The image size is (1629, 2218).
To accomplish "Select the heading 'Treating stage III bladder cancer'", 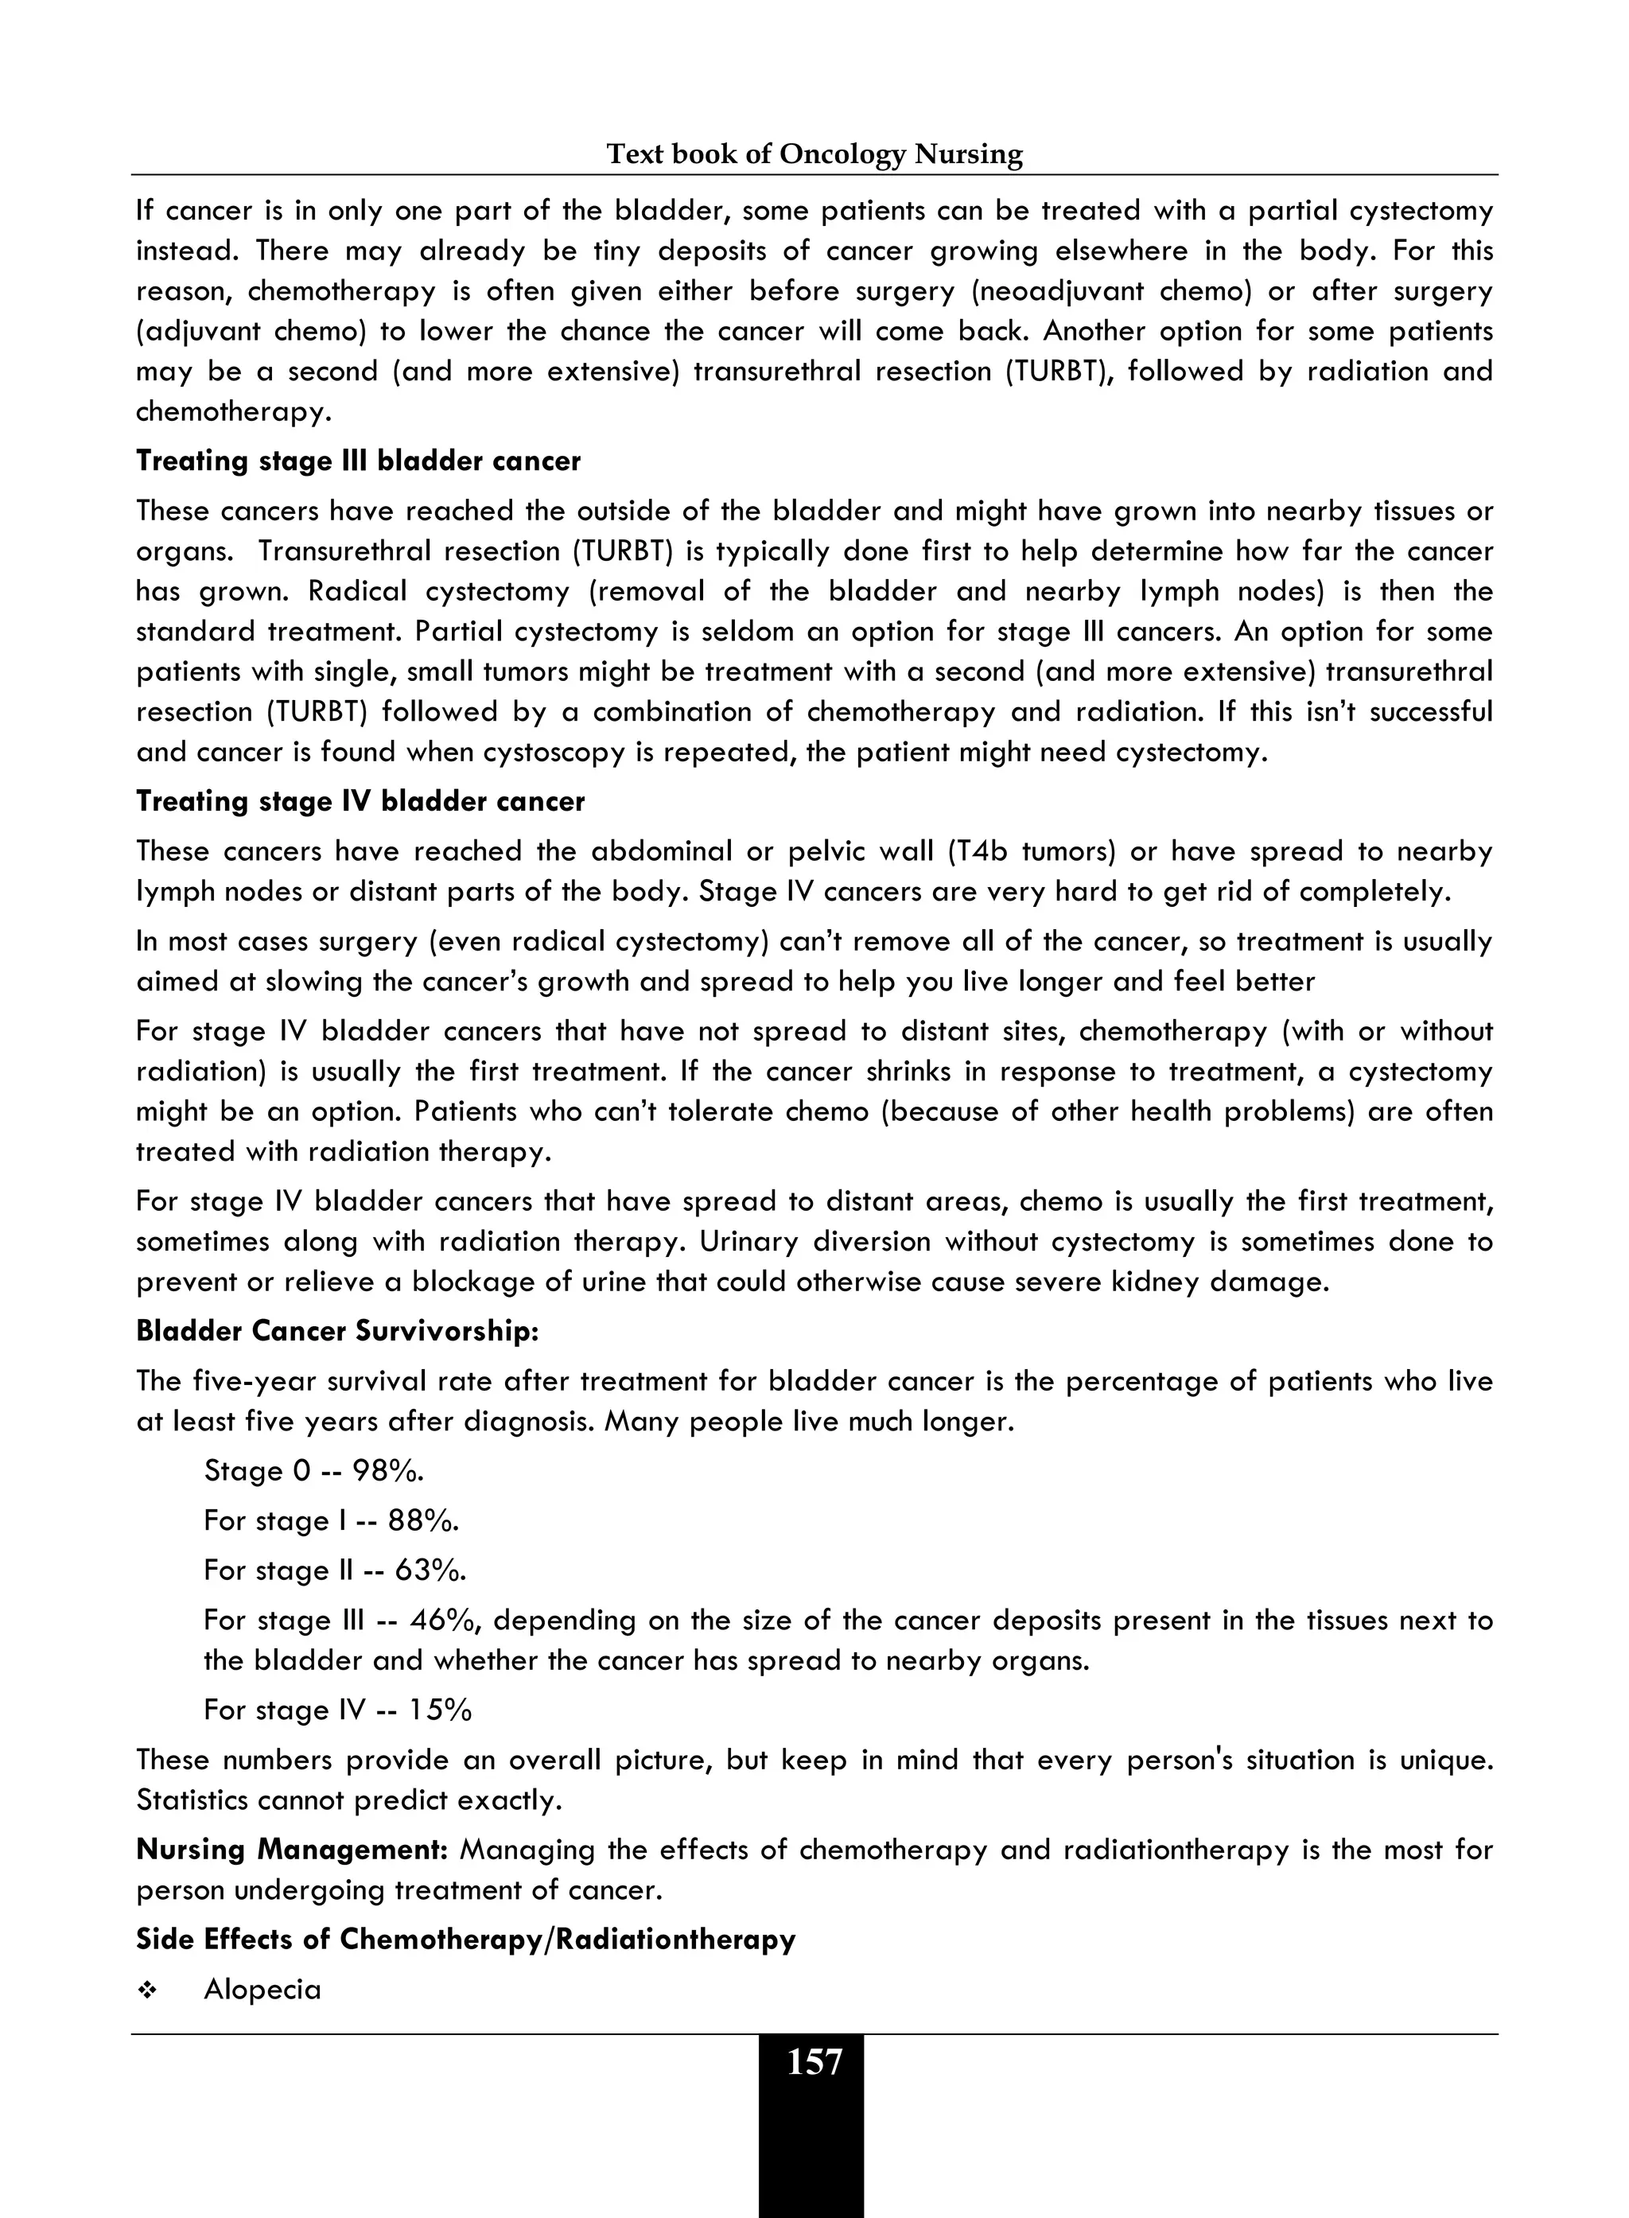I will coord(358,461).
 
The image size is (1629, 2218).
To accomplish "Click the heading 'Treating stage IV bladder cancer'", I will coord(360,801).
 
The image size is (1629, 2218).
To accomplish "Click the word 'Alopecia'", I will coord(262,1989).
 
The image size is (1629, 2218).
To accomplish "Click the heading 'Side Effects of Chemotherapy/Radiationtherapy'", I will coord(465,1939).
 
